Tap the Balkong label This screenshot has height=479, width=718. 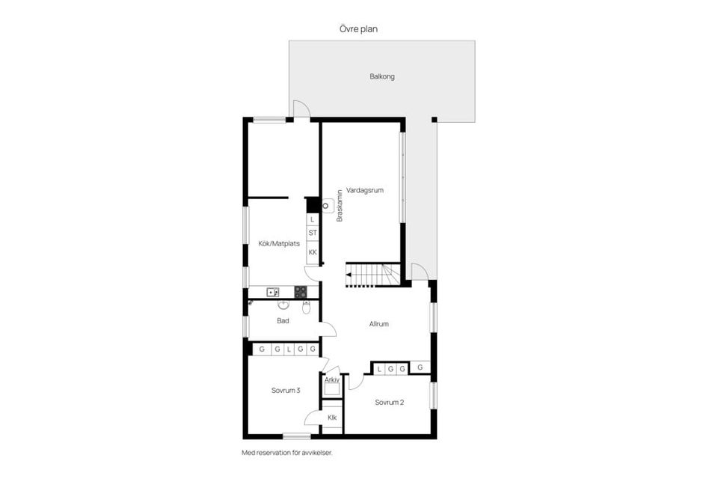[x=381, y=76]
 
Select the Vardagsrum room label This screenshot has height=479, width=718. [x=364, y=191]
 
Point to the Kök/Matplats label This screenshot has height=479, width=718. [x=278, y=243]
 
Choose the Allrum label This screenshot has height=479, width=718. [x=379, y=324]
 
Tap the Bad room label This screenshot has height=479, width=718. [x=283, y=321]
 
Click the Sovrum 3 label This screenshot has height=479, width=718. [x=286, y=390]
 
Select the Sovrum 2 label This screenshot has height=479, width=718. [x=389, y=402]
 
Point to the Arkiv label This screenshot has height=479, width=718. [x=332, y=380]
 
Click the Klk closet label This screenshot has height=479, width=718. [x=332, y=418]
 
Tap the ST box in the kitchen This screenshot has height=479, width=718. [x=313, y=233]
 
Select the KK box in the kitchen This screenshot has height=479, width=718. [x=313, y=253]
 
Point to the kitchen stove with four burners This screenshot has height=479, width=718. [x=300, y=293]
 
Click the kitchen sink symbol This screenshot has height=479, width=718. [x=273, y=293]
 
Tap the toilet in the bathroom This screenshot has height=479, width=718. [x=307, y=307]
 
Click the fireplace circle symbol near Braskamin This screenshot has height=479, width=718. [x=326, y=203]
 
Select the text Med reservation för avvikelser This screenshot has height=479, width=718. [x=286, y=453]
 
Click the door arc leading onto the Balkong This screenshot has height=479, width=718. [x=301, y=109]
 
